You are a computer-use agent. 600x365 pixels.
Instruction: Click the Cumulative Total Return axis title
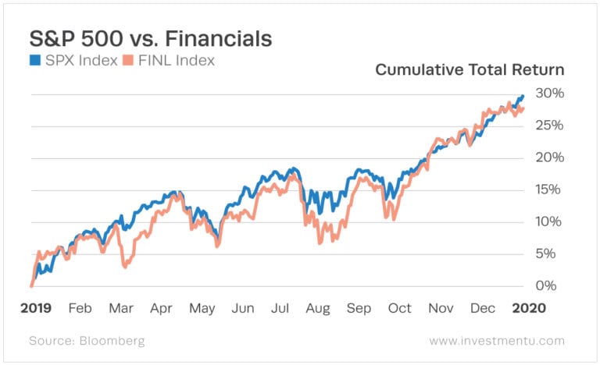[470, 69]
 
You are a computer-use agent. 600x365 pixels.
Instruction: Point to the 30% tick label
[547, 94]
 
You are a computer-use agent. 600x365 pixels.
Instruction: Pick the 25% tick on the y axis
[547, 126]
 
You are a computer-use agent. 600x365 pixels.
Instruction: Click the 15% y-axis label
[547, 190]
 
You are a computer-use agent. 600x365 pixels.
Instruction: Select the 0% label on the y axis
[550, 285]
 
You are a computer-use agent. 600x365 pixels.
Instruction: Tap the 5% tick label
[550, 253]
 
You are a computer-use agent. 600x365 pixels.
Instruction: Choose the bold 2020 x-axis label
[528, 308]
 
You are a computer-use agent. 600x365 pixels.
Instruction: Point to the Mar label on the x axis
[122, 308]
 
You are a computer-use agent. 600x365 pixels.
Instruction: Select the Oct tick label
[399, 308]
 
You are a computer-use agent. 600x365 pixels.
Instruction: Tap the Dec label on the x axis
[481, 308]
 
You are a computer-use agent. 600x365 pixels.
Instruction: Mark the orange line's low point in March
[125, 267]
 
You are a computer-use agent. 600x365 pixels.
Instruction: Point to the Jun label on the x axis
[243, 308]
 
